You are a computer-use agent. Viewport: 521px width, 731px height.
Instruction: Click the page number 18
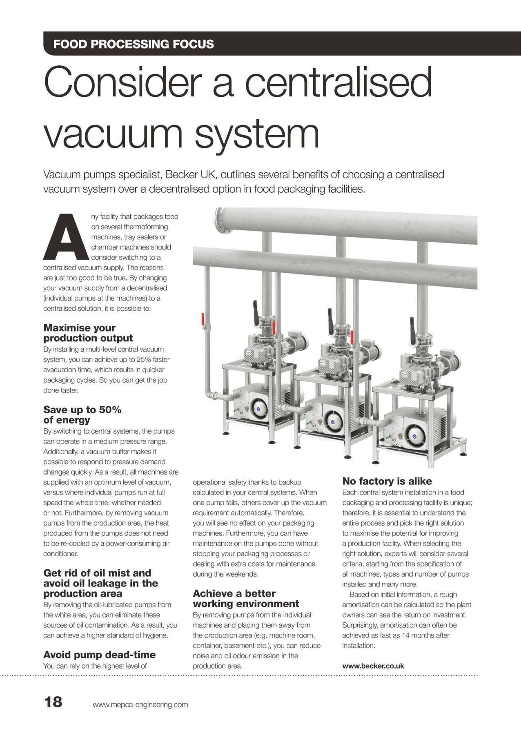click(53, 702)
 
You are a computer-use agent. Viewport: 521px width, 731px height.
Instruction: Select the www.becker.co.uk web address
click(373, 666)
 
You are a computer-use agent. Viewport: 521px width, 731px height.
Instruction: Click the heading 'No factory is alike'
click(387, 481)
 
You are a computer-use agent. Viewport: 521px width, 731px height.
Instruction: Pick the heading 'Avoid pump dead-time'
click(99, 655)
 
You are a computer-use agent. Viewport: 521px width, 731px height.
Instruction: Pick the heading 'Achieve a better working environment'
click(245, 598)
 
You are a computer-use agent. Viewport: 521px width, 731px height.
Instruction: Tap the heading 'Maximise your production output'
click(88, 333)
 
